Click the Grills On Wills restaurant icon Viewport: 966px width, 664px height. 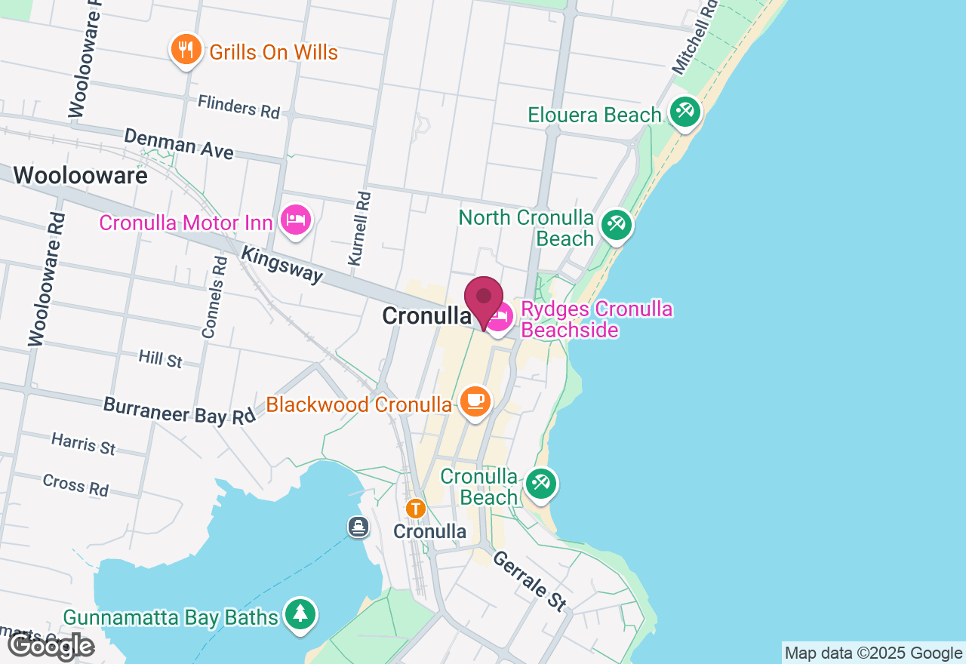coord(185,50)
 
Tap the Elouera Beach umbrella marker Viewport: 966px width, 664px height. coord(685,113)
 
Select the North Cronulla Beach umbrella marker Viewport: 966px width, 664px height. coord(617,225)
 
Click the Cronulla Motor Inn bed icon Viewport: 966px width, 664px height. coord(296,220)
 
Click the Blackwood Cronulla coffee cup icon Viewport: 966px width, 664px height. coord(475,401)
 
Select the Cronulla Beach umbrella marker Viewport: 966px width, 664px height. coord(540,483)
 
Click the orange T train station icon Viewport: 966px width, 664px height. coord(415,509)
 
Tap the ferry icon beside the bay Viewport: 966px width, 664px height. coord(358,527)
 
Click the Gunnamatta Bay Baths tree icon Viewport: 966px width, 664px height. coord(300,613)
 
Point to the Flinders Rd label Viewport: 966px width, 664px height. coord(238,106)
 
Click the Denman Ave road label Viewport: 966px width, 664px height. coord(179,143)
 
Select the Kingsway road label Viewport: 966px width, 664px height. coord(281,263)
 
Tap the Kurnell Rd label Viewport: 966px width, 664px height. coord(360,228)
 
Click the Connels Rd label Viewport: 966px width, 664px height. coord(215,296)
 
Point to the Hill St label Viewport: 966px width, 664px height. coord(161,358)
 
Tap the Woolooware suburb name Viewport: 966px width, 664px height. coord(80,176)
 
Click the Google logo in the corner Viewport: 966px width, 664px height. coord(51,645)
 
